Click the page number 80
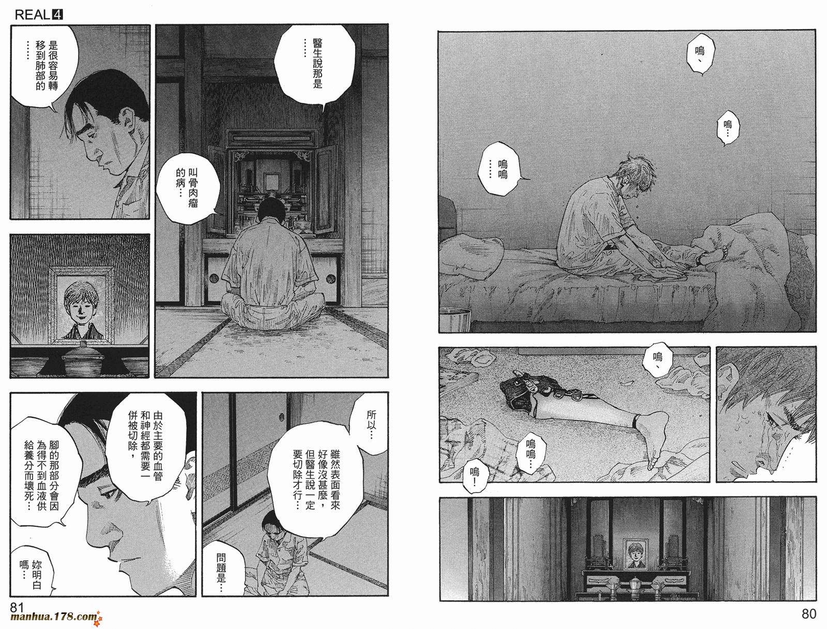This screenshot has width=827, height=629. pyautogui.click(x=808, y=614)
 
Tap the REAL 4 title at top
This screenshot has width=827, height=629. pyautogui.click(x=39, y=15)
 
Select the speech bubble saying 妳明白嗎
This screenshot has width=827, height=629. pyautogui.click(x=30, y=574)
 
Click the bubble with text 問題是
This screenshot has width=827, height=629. pyautogui.click(x=222, y=573)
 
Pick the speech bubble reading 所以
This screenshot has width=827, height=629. pyautogui.click(x=372, y=424)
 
